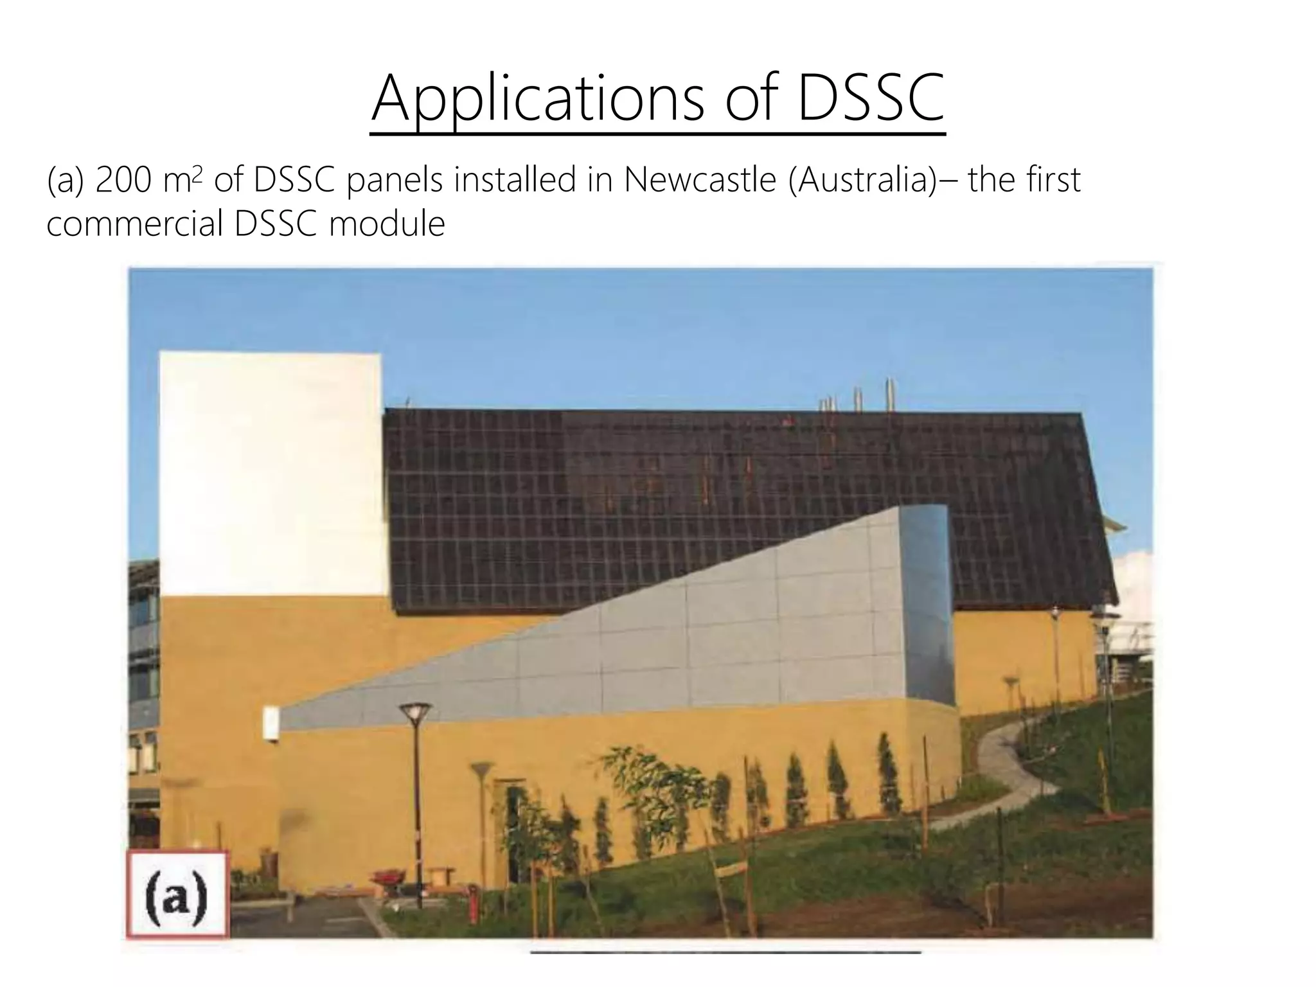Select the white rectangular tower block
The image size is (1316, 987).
(x=270, y=472)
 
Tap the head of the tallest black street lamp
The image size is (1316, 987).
(x=414, y=711)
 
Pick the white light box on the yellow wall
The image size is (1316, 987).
(x=271, y=724)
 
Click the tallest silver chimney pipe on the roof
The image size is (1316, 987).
(x=890, y=393)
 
